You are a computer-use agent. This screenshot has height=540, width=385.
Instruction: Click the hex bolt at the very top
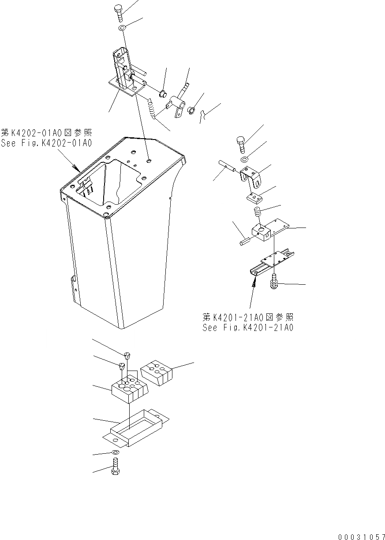120,12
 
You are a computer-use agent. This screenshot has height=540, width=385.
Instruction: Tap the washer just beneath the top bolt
122,29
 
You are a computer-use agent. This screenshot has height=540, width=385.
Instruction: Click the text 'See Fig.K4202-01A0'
46,143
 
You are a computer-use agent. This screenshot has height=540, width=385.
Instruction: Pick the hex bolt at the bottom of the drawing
115,466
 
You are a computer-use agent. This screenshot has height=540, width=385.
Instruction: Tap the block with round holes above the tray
129,386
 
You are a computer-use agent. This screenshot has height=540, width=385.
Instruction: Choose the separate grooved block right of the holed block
157,371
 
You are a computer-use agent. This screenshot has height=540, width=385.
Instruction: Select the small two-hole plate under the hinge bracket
255,197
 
